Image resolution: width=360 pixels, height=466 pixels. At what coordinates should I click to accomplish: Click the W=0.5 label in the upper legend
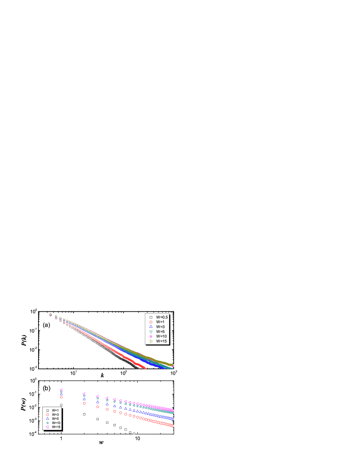[x=162, y=317]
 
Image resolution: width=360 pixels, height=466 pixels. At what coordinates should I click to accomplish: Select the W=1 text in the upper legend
[x=160, y=322]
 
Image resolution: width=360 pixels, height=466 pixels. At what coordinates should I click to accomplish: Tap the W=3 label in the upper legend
[x=160, y=327]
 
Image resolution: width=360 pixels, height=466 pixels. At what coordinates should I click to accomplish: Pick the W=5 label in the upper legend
[x=160, y=331]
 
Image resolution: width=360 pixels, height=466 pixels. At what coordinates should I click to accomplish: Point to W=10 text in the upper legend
[x=161, y=336]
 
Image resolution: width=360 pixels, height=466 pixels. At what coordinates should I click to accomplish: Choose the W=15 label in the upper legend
[x=161, y=341]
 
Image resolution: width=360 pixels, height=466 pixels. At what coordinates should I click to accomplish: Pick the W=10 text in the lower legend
[x=56, y=423]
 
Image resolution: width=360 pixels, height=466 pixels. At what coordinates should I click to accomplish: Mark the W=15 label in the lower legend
[x=56, y=427]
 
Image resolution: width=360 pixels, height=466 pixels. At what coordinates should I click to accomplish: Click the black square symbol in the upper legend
[x=151, y=317]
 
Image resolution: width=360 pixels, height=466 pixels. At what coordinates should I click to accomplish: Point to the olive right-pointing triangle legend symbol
[x=151, y=341]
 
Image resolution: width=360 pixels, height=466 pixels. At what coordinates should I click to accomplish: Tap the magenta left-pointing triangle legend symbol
[x=47, y=427]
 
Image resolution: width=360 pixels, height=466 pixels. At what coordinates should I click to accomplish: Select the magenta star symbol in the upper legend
[x=151, y=336]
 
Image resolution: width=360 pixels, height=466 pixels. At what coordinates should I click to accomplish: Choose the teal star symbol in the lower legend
[x=47, y=423]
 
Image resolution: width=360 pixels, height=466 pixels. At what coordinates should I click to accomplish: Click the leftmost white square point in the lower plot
[x=61, y=405]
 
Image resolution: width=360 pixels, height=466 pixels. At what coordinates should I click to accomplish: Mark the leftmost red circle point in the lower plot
[x=61, y=397]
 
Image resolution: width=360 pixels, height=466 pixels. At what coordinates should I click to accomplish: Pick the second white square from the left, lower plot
[x=84, y=414]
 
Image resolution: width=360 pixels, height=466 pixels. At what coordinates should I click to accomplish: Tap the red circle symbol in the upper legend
[x=151, y=322]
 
